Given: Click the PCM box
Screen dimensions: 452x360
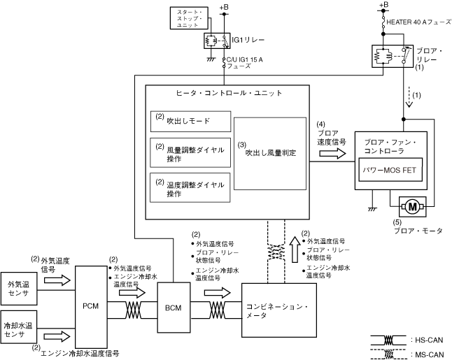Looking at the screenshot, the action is click(91, 307).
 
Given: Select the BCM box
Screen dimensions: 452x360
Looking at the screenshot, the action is click(174, 308).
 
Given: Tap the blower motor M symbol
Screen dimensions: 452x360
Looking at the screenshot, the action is click(412, 206).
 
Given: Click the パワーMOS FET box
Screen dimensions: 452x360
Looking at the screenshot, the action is click(390, 170).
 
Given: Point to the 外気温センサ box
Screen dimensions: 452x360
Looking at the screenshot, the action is click(19, 289).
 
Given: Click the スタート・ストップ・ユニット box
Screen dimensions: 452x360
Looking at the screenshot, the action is click(189, 18).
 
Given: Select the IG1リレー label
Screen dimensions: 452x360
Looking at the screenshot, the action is click(248, 40).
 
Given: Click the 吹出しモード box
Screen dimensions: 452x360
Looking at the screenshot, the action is click(190, 121).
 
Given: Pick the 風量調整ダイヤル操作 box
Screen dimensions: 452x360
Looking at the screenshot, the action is click(190, 152).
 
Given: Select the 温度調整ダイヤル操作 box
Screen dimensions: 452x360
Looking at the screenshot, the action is click(190, 187).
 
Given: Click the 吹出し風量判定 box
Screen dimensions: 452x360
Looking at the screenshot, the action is click(270, 154).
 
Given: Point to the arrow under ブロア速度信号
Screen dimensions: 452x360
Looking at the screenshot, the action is click(332, 153).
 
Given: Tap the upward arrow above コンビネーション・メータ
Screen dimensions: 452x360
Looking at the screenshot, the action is click(295, 250).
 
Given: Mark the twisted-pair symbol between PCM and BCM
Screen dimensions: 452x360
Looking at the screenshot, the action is click(134, 310).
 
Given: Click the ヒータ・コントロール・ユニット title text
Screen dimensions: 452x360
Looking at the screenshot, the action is click(229, 93).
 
